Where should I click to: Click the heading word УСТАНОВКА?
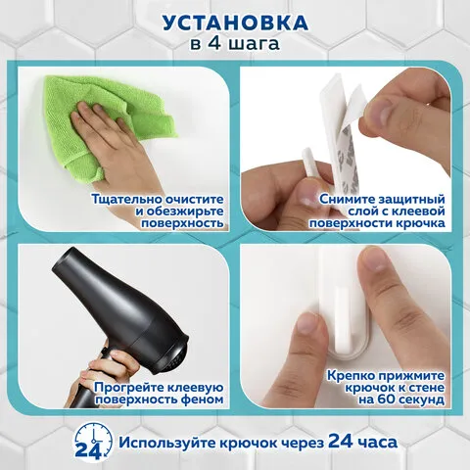tap(235, 23)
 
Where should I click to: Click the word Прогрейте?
tap(129, 388)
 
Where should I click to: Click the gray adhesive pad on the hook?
tap(343, 154)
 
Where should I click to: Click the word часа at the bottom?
tap(377, 443)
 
